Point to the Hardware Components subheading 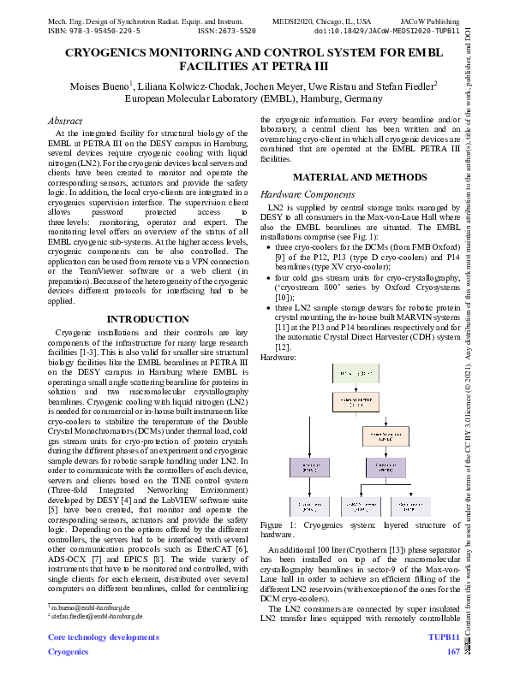pyautogui.click(x=302, y=194)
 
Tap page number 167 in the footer pyautogui.click(x=453, y=652)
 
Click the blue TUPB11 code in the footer pyautogui.click(x=445, y=638)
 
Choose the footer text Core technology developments pyautogui.click(x=103, y=638)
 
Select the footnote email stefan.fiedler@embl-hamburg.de pyautogui.click(x=96, y=614)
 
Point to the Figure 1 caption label pyautogui.click(x=283, y=524)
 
